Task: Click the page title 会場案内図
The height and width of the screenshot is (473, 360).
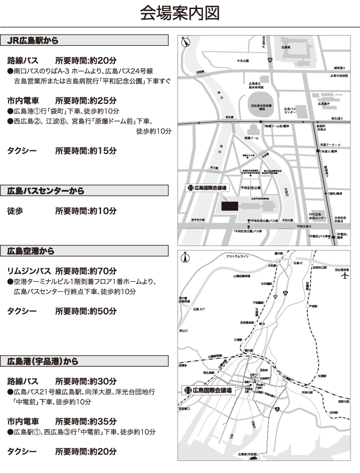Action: click(x=179, y=13)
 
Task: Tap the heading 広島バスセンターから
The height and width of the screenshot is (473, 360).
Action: click(x=46, y=191)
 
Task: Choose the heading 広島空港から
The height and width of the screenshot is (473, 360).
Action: click(x=31, y=251)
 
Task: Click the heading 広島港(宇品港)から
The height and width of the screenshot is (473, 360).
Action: click(x=43, y=361)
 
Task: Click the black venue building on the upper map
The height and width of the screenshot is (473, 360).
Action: click(x=230, y=206)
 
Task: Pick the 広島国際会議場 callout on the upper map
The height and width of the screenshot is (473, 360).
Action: click(x=207, y=188)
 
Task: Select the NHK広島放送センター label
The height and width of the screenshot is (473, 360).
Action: click(x=317, y=216)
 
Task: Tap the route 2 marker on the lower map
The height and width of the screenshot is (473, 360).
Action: click(x=277, y=410)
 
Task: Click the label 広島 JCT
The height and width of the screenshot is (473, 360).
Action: click(x=199, y=309)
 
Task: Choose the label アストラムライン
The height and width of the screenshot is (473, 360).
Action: click(x=238, y=257)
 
